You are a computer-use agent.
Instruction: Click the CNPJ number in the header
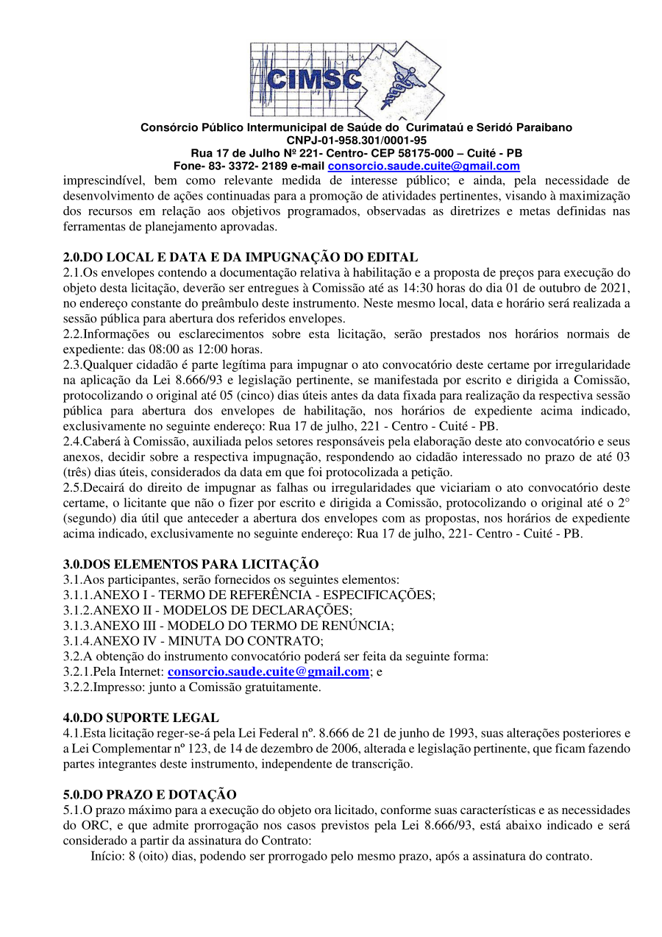point(356,140)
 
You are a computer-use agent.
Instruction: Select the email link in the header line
point(424,166)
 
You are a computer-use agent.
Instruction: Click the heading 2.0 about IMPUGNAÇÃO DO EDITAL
point(241,257)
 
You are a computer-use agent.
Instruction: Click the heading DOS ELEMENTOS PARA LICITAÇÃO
point(191,564)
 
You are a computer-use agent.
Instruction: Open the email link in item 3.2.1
point(268,672)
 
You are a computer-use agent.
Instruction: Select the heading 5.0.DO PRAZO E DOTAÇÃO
point(149,794)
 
